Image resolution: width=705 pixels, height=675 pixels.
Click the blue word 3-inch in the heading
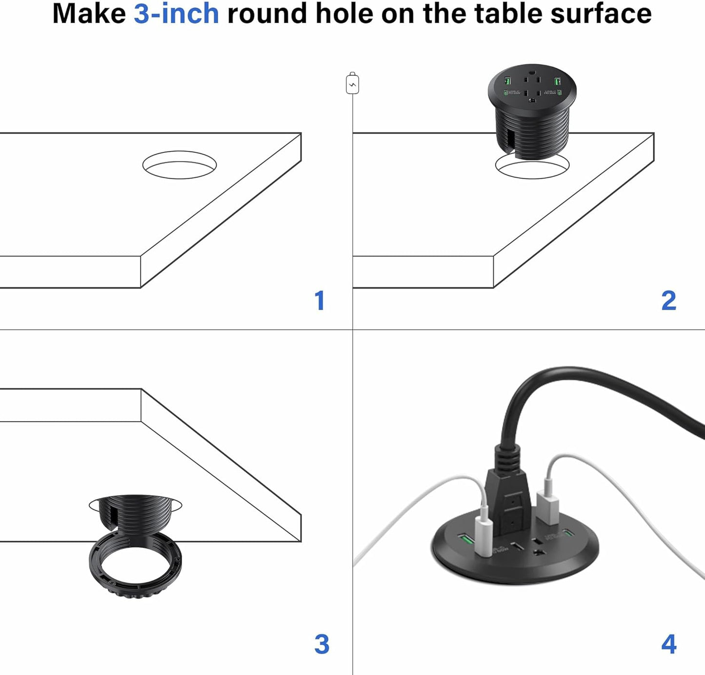[176, 14]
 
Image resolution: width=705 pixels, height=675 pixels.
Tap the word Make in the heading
[89, 14]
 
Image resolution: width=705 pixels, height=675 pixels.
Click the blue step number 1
[320, 301]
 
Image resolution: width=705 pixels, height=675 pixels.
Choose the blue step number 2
[668, 301]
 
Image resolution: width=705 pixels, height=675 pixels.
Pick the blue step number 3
[322, 645]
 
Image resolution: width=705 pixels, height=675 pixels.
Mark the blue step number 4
[668, 645]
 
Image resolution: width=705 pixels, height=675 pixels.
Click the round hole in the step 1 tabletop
[180, 165]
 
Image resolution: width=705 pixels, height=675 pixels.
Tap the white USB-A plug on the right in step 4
[547, 508]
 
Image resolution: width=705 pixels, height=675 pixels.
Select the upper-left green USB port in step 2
[508, 81]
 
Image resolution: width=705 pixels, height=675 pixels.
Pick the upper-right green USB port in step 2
[556, 81]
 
